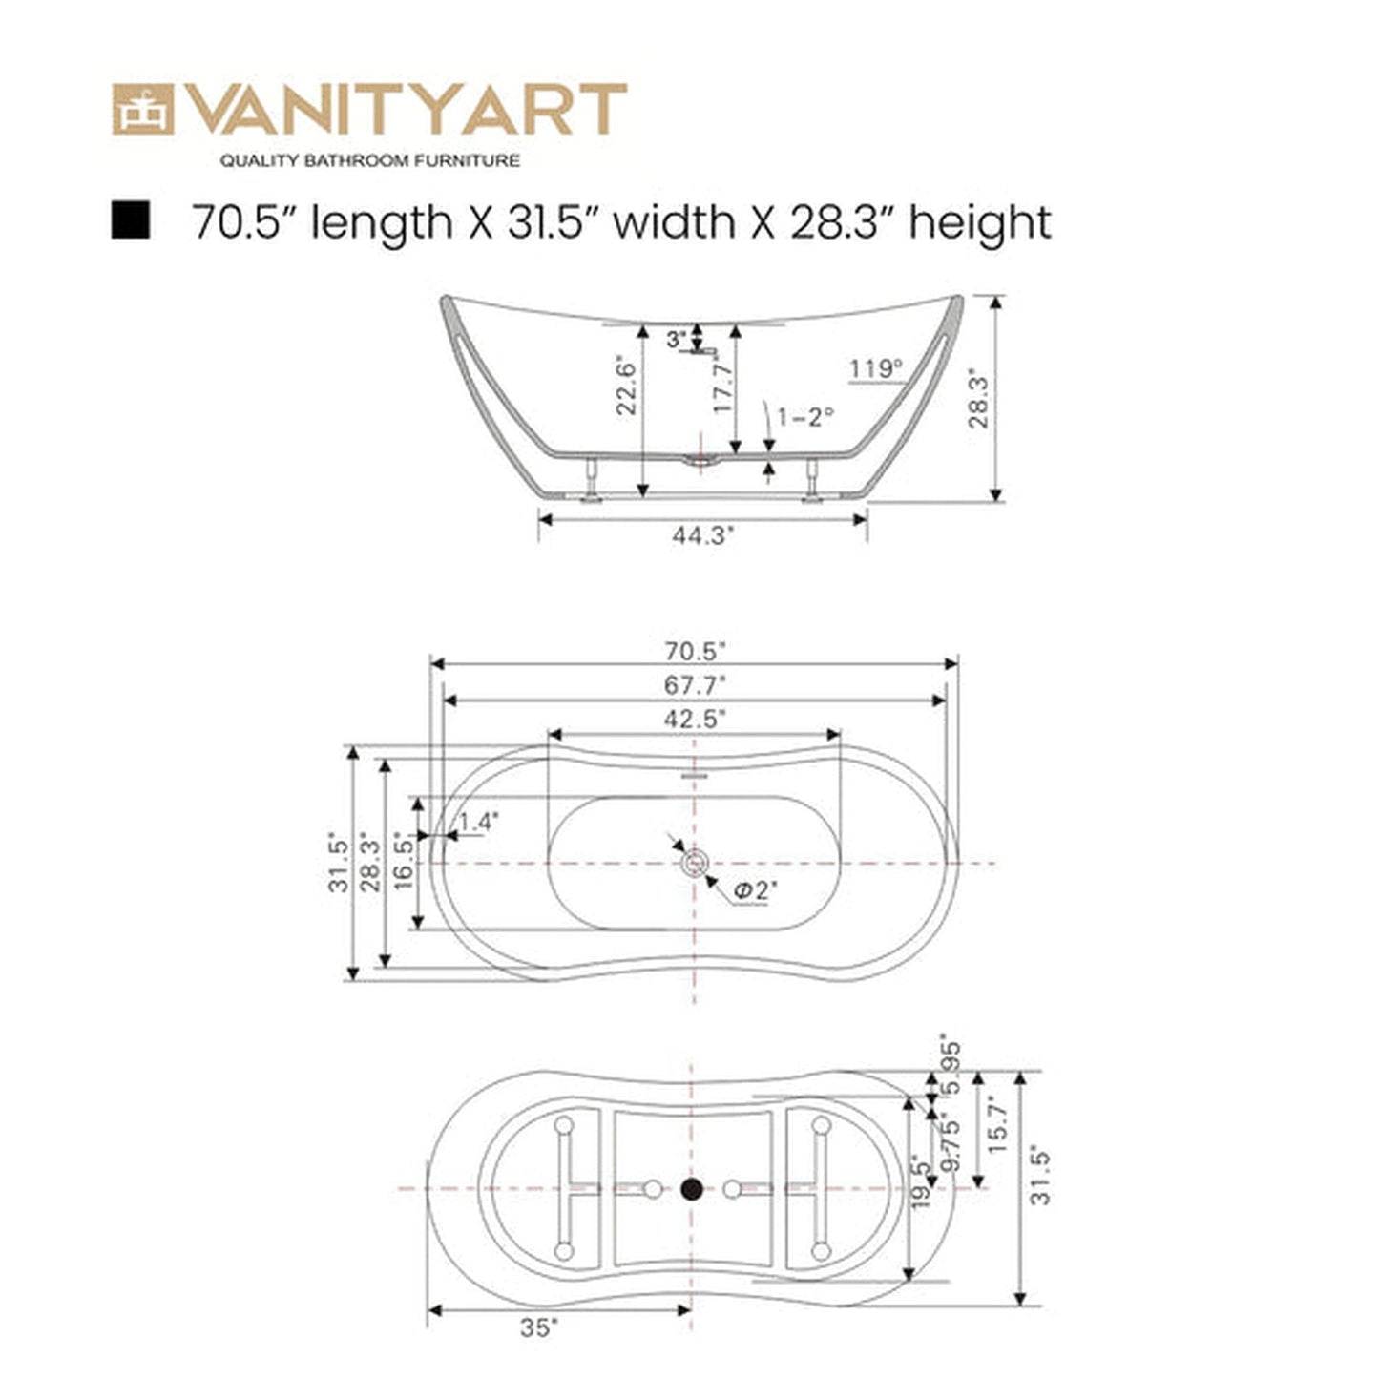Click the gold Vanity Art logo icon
[143, 109]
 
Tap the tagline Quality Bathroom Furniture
[370, 161]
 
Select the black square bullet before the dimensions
[130, 220]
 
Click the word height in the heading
[979, 222]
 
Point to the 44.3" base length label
[703, 535]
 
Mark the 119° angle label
[875, 368]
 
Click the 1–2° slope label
[805, 417]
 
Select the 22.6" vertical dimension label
[625, 387]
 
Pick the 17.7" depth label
[723, 387]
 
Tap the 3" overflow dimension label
[676, 339]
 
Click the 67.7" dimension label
[695, 685]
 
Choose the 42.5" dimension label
[695, 719]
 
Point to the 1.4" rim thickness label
[479, 822]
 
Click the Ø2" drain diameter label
[756, 890]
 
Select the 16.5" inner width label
[404, 862]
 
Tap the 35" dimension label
[540, 1327]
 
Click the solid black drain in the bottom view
[692, 1189]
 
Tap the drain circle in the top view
[694, 863]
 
